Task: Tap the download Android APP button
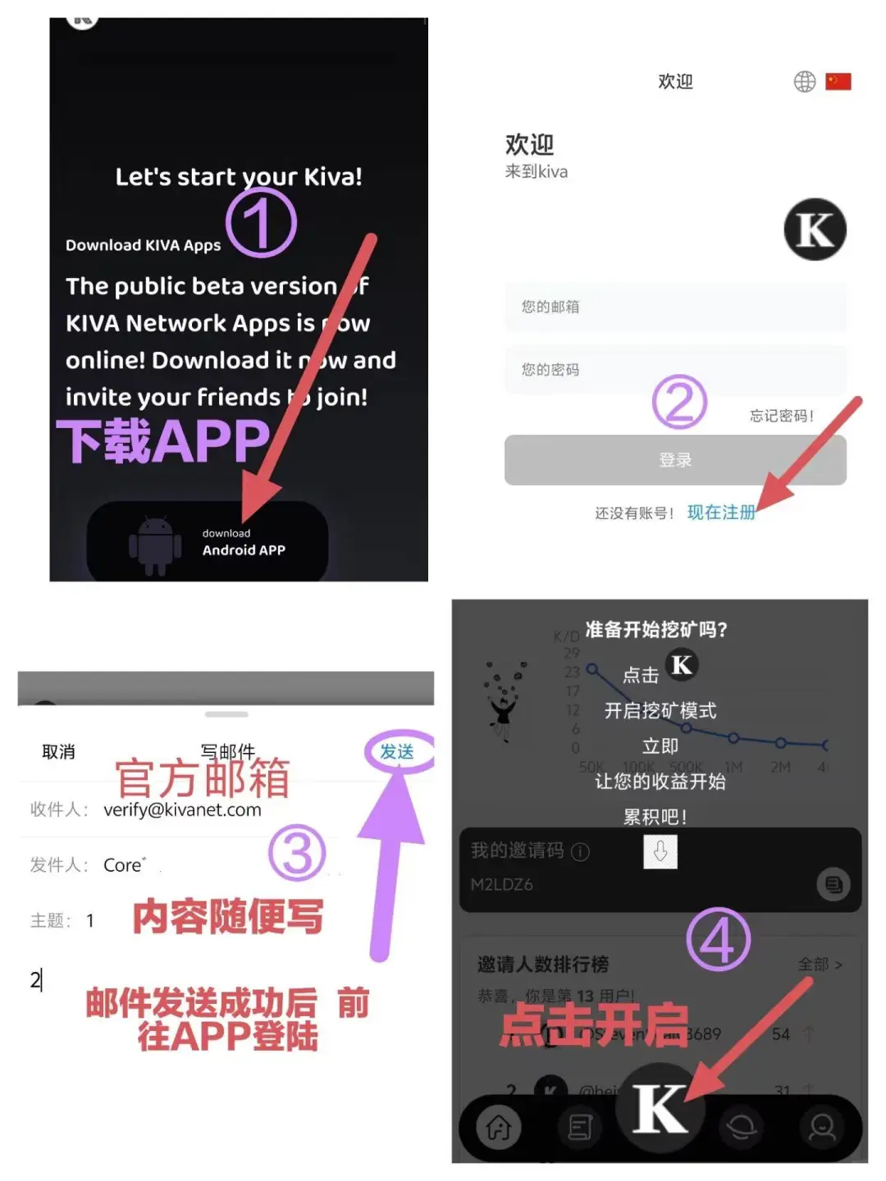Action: click(208, 542)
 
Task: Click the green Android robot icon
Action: click(155, 545)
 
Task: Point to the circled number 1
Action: click(261, 223)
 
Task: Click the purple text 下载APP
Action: click(163, 441)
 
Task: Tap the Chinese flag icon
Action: click(838, 82)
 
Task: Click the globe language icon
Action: click(804, 82)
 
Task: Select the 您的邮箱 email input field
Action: click(675, 308)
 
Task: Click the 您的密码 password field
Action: click(675, 370)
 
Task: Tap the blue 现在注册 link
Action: click(721, 513)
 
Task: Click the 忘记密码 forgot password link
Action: click(781, 416)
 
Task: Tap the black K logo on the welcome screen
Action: click(815, 230)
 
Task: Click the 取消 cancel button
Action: click(58, 752)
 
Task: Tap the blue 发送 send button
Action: click(397, 752)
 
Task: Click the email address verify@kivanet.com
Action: click(182, 810)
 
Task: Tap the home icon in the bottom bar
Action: click(499, 1129)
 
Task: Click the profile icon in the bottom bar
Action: click(821, 1129)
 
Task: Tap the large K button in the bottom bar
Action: click(660, 1109)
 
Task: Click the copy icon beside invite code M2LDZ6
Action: click(833, 884)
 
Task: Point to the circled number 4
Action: click(718, 940)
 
